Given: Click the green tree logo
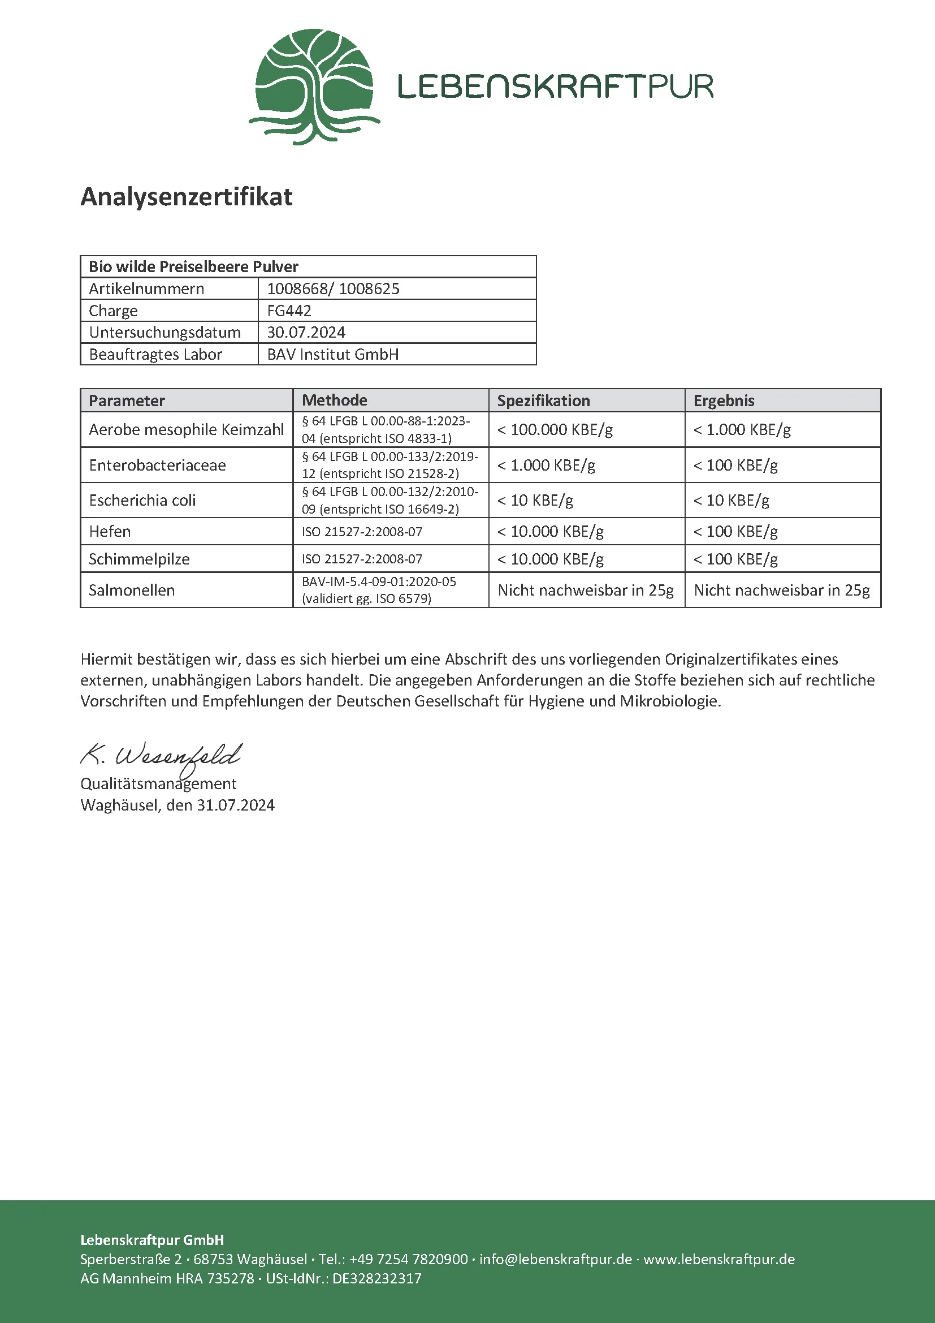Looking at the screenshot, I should coord(314,87).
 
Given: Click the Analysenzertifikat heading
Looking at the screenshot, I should coord(186,196).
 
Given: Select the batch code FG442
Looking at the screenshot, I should coord(289,311).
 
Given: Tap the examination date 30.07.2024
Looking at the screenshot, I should coord(306,333).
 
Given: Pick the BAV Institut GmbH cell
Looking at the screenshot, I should coord(333,355).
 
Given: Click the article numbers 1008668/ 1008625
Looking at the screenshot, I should coord(333,288).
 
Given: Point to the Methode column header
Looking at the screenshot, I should coord(335,400).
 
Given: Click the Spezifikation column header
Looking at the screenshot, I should coord(543,400).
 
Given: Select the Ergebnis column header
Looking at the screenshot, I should coord(724,400).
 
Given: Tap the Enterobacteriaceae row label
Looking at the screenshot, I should coord(157,465).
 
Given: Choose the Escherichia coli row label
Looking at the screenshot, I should coord(142,500).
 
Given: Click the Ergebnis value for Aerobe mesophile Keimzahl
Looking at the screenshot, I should coord(742,429).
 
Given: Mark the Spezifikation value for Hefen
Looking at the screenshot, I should coord(551,531).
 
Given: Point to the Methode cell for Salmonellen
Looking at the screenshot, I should coord(379,590).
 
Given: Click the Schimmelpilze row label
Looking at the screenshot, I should coord(138,559).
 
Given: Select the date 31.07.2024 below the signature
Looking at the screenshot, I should coord(236,805).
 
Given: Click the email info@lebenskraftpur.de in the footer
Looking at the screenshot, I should coord(556,1259).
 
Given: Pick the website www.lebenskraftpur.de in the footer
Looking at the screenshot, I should coord(719,1259).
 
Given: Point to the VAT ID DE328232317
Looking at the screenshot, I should coord(376,1278).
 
